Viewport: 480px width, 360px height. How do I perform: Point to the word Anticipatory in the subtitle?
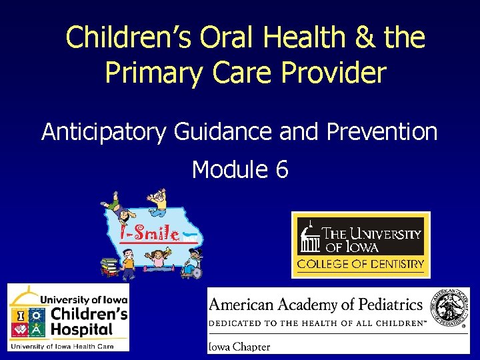click(x=104, y=132)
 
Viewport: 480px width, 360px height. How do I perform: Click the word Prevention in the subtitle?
click(x=382, y=132)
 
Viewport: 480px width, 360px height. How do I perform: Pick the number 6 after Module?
click(x=282, y=170)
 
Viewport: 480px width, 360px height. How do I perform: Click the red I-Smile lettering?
click(x=149, y=233)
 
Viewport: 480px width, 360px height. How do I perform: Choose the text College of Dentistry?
click(x=361, y=264)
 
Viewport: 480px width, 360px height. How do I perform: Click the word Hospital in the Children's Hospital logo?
click(x=83, y=329)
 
